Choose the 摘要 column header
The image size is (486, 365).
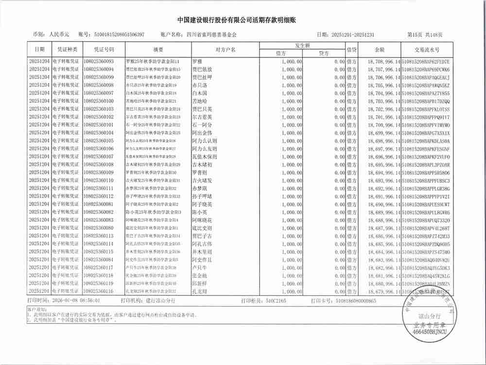pos(158,50)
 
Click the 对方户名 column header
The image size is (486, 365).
pos(226,50)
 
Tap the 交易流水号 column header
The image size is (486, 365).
pos(427,50)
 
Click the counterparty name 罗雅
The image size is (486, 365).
pos(197,62)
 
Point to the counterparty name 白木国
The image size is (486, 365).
pos(200,93)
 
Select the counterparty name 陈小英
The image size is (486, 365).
pos(200,212)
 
